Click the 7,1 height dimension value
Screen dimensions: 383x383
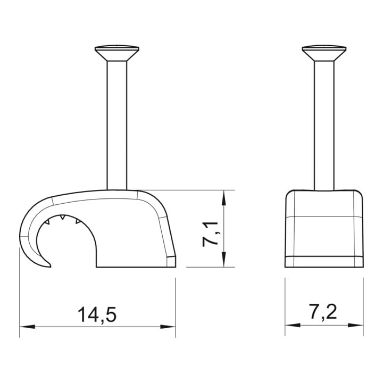click(x=210, y=234)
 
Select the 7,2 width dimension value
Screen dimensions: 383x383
click(x=323, y=312)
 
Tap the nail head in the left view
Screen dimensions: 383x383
click(x=116, y=53)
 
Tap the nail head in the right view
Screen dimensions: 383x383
click(x=324, y=53)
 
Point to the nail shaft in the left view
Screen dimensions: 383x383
click(x=116, y=126)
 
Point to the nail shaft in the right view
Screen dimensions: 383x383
click(x=324, y=126)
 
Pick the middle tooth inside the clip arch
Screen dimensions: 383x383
click(x=63, y=217)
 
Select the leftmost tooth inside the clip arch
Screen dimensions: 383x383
click(x=47, y=222)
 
